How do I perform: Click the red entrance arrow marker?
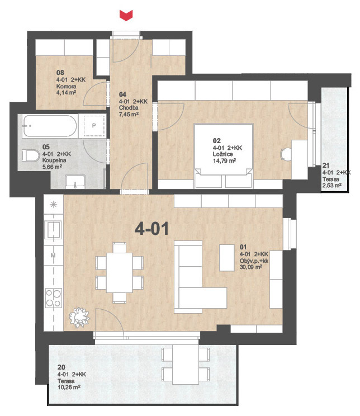pyautogui.click(x=126, y=15)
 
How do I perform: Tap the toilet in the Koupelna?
pyautogui.click(x=30, y=156)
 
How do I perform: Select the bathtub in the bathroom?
pyautogui.click(x=50, y=126)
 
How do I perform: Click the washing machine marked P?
pyautogui.click(x=94, y=126)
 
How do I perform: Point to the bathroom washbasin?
pyautogui.click(x=75, y=182)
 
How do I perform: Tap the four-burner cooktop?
pyautogui.click(x=54, y=298)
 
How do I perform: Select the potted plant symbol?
pyautogui.click(x=79, y=317)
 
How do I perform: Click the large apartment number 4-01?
pyautogui.click(x=151, y=229)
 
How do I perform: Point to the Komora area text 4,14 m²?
pyautogui.click(x=67, y=93)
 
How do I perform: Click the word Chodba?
pyautogui.click(x=129, y=108)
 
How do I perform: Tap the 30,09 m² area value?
pyautogui.click(x=251, y=267)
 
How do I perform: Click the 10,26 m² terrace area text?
pyautogui.click(x=69, y=387)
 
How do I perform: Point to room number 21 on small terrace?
pyautogui.click(x=326, y=166)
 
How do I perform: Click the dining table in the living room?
pyautogui.click(x=120, y=273)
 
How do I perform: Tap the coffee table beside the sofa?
pyautogui.click(x=227, y=257)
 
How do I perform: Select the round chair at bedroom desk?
pyautogui.click(x=286, y=154)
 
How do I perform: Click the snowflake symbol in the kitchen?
pyautogui.click(x=54, y=204)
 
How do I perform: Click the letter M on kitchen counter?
pyautogui.click(x=53, y=256)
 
